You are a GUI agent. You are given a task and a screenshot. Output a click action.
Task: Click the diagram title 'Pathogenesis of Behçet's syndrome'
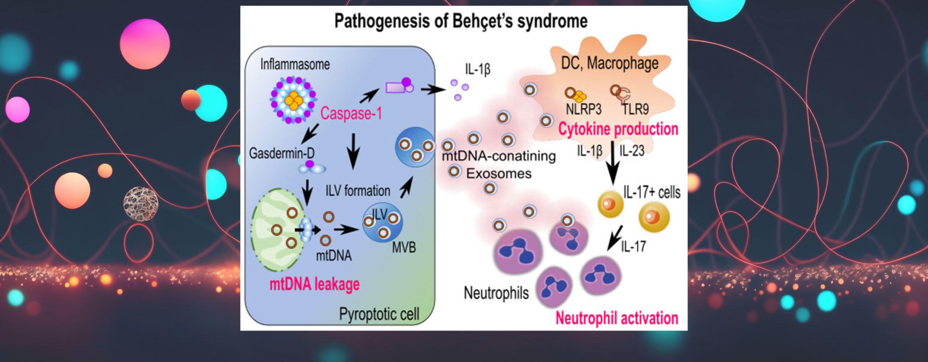coord(460,21)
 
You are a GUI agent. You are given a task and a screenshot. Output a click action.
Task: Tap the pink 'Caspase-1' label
coord(351,113)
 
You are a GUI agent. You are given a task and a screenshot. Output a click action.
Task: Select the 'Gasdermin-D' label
coord(282,153)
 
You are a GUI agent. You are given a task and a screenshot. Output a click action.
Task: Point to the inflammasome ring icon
coord(293,100)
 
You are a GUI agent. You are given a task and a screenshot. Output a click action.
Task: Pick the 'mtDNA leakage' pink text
coord(314,284)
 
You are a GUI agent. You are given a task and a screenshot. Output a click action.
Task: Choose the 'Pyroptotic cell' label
coord(379,314)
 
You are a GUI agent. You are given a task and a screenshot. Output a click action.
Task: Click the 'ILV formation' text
coord(358,191)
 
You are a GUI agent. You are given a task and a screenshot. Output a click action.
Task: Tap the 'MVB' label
coord(404,248)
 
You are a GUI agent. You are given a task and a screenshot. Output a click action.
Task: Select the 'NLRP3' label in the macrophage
coord(583,109)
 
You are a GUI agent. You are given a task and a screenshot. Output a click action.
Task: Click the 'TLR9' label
coord(635,109)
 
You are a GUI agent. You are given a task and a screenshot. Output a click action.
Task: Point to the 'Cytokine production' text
coord(618,129)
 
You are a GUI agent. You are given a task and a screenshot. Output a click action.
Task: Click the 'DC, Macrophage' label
coord(610,63)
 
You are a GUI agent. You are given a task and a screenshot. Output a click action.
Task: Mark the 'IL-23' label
coord(632,151)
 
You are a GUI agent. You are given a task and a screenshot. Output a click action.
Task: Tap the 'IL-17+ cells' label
coord(652,192)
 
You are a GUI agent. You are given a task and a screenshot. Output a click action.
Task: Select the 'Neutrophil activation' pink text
coord(617,318)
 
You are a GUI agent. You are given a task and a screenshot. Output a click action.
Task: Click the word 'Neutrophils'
coord(496,293)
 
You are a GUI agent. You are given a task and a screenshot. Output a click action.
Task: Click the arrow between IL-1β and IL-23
coord(613,163)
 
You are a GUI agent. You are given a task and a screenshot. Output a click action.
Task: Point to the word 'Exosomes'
coord(499,174)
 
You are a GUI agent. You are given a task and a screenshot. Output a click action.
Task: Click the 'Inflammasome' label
coord(295,64)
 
